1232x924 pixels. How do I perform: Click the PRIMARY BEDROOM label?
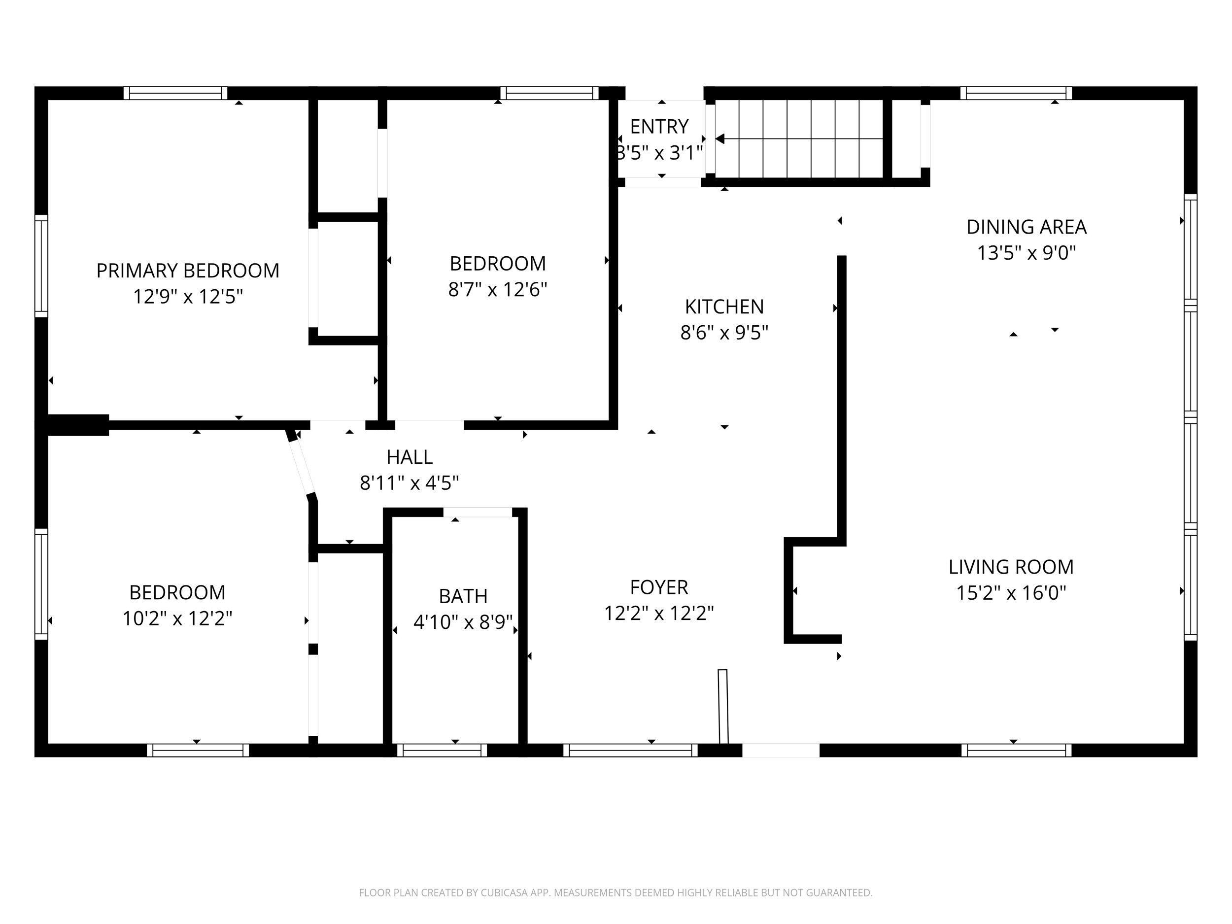coord(188,271)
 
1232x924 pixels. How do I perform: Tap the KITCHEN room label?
coord(724,307)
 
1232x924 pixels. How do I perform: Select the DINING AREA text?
coord(1027,227)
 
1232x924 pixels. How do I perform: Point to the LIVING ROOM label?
coord(1011,567)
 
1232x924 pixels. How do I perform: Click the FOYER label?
coord(659,587)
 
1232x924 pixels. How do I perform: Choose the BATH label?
coord(463,596)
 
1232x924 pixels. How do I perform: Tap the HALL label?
coord(410,457)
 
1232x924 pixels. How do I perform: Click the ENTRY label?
coord(659,127)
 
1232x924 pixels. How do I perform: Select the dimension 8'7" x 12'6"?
coord(498,290)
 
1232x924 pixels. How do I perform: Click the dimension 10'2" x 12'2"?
coord(177,619)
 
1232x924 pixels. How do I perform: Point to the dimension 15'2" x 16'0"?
coord(1011,593)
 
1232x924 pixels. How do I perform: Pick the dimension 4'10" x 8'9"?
coord(463,622)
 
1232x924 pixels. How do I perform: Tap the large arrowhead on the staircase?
coord(719,138)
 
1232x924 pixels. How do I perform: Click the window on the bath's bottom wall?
coord(442,750)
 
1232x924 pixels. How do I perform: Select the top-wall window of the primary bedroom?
coord(175,93)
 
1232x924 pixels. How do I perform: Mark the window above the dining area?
coord(1016,93)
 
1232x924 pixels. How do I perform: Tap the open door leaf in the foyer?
coord(723,706)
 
